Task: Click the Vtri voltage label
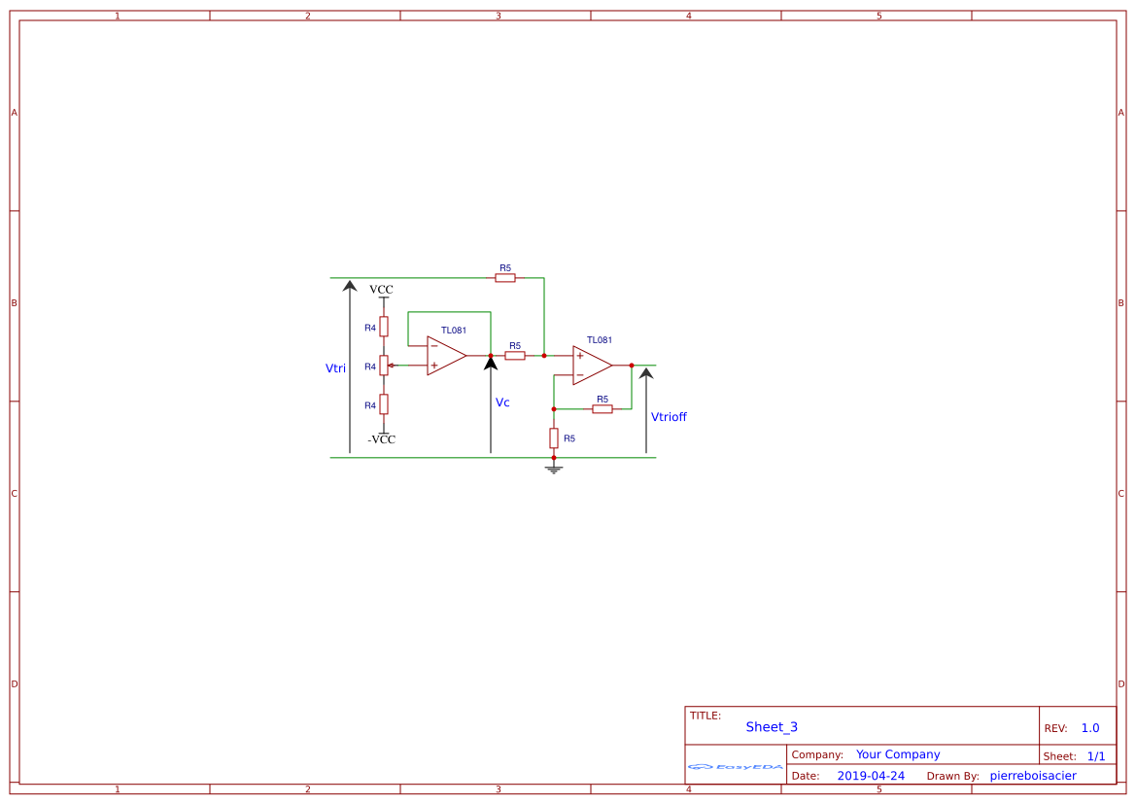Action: coord(335,368)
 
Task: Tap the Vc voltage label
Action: coord(502,402)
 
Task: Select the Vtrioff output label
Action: coord(669,417)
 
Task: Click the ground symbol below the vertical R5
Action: coord(554,470)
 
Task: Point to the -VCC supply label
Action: coord(382,439)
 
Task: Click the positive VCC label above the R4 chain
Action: coord(381,290)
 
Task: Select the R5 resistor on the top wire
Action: coord(505,278)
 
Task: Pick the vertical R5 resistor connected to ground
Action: coord(554,437)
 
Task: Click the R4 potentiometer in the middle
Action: coord(384,366)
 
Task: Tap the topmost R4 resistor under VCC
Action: coord(384,327)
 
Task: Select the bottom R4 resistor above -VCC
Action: coord(384,404)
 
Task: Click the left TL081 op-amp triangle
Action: coord(445,356)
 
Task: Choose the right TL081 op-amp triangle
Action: coord(591,366)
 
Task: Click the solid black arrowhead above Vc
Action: coord(491,363)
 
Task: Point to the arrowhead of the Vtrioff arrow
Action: coord(646,373)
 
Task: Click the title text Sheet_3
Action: coord(772,727)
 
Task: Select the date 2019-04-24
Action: coord(871,776)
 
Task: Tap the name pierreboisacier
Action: coord(1033,776)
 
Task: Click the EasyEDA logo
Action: coord(736,767)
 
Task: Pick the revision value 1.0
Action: coord(1090,728)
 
